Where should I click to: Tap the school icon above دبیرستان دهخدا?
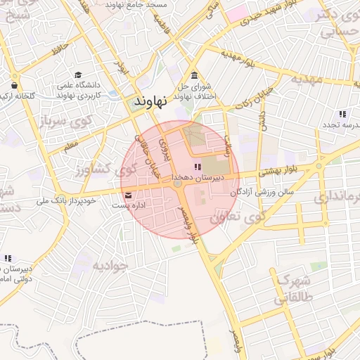(x=197, y=167)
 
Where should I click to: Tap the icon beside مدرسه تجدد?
(x=342, y=114)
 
